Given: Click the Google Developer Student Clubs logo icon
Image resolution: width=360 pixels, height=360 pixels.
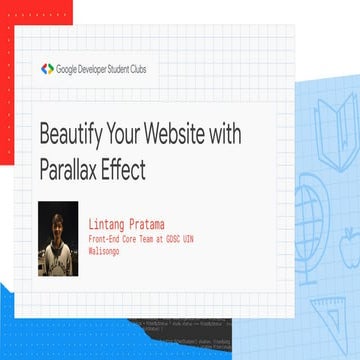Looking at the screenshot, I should tap(47, 69).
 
